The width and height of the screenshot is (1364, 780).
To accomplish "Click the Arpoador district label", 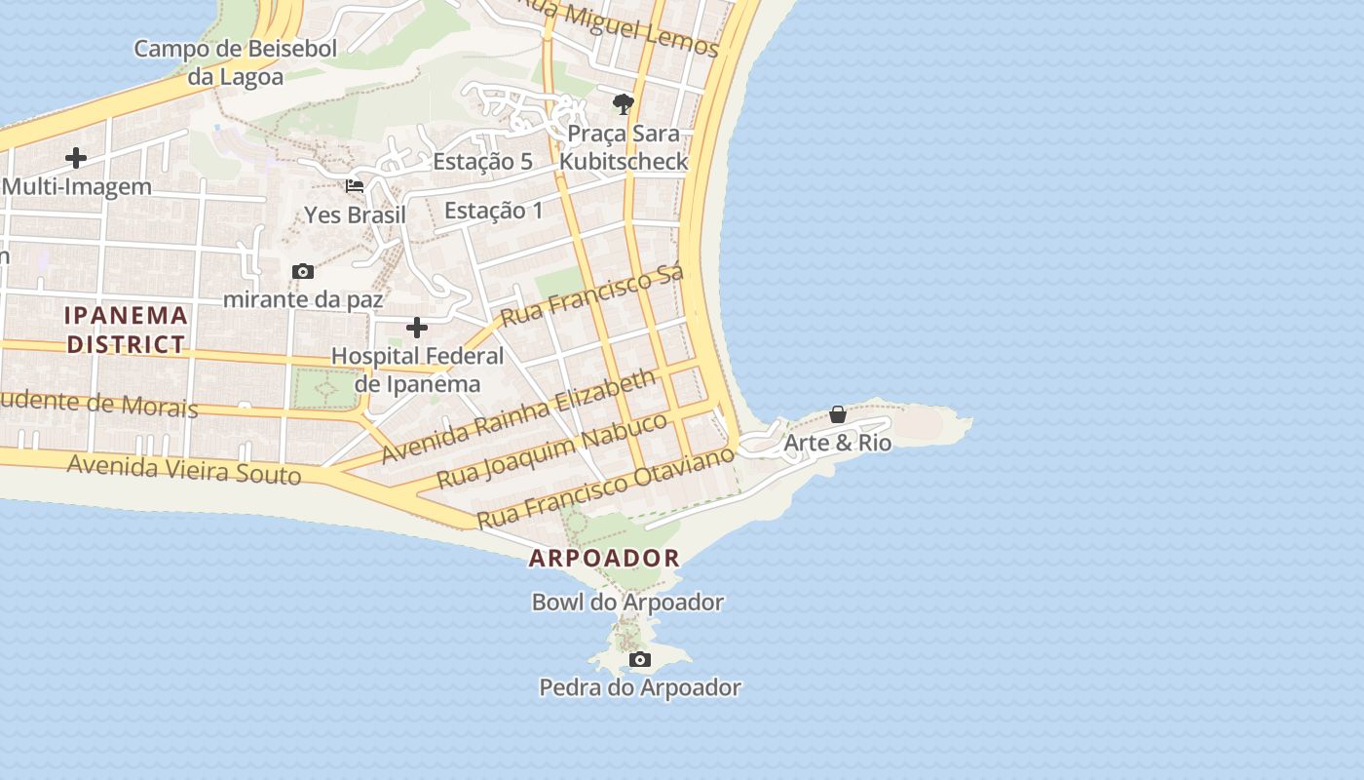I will [x=604, y=559].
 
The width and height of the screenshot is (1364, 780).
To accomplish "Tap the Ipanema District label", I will [x=126, y=330].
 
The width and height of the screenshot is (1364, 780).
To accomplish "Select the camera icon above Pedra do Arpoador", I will [x=640, y=660].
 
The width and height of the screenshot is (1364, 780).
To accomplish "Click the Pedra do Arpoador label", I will [x=640, y=687].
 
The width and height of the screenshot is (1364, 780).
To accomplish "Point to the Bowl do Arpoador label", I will [x=627, y=603].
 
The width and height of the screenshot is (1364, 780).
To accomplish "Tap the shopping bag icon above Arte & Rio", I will [x=837, y=415].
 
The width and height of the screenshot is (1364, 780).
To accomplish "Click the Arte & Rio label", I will [x=837, y=443].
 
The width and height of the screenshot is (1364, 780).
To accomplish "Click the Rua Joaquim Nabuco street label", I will [x=551, y=449].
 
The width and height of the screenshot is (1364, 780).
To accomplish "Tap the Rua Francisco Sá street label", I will [x=592, y=294].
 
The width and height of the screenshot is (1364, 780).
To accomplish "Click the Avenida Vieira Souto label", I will [x=184, y=470].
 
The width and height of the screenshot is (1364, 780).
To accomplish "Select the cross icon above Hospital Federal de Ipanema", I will [x=417, y=328].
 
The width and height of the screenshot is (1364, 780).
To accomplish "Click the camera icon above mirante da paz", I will [x=303, y=272].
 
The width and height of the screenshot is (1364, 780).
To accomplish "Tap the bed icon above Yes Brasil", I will [x=355, y=186].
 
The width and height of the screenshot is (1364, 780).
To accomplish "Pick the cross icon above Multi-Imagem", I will [x=76, y=157].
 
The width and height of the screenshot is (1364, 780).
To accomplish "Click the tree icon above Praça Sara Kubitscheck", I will [x=624, y=103].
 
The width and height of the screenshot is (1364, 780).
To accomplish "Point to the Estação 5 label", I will [x=482, y=162].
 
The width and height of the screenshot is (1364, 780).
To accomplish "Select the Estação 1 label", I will [x=493, y=210].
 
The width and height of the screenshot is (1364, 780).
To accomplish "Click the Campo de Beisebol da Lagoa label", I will [x=235, y=62].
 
